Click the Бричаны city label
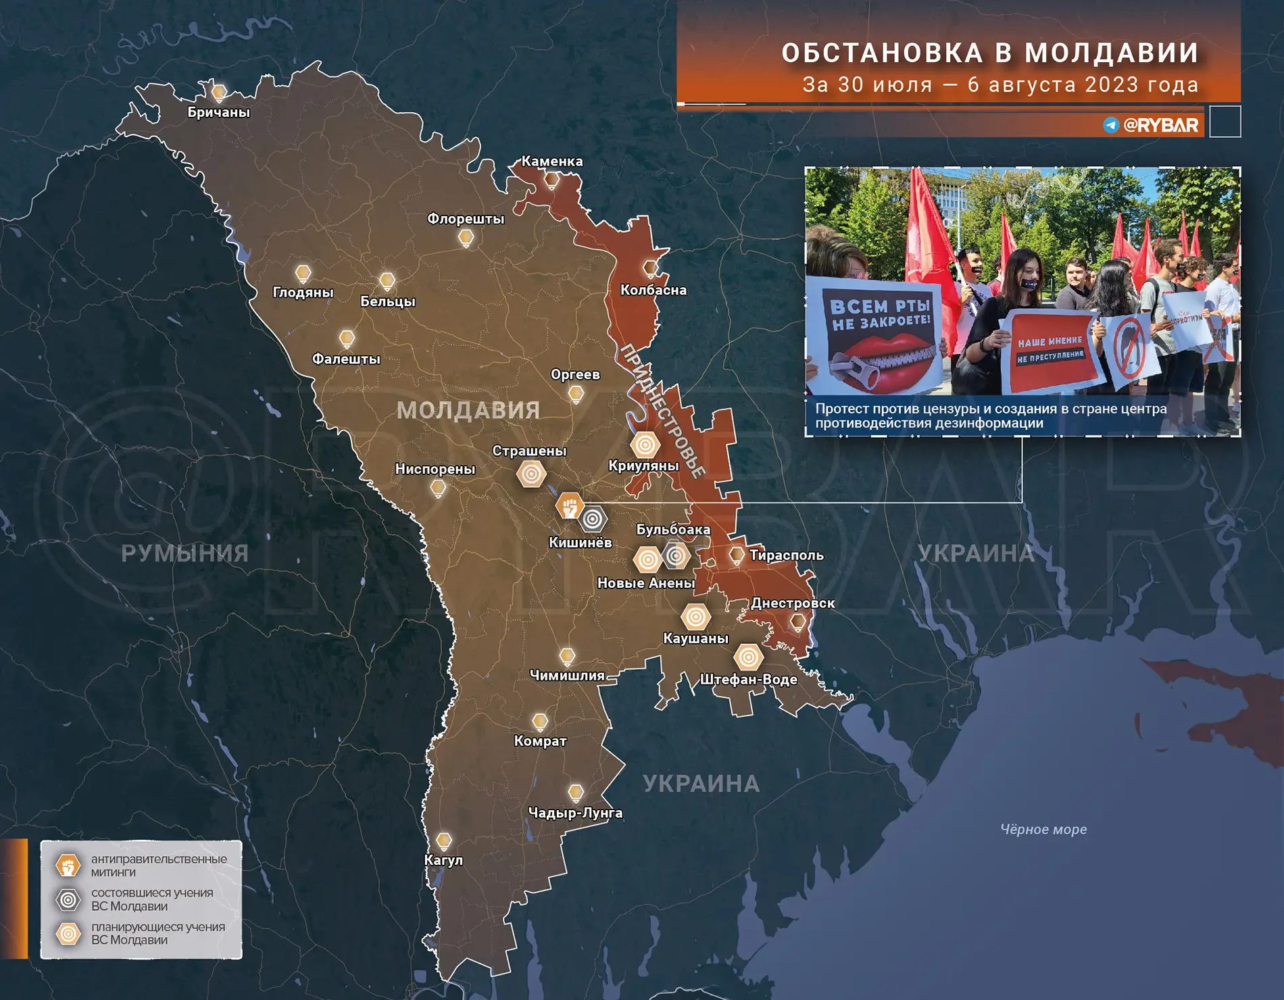[218, 112]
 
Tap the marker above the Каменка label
[552, 179]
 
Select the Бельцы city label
[387, 301]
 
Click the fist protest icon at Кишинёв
[569, 505]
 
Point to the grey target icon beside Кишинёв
[593, 519]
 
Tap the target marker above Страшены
[531, 474]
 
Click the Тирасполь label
[786, 555]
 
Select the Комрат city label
[540, 741]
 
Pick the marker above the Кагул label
[443, 841]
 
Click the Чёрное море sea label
[1043, 829]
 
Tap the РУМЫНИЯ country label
[184, 554]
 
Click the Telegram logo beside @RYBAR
[1111, 125]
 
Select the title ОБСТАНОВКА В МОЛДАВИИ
[990, 53]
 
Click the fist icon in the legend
[68, 866]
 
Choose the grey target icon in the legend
[68, 899]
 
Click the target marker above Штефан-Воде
[748, 656]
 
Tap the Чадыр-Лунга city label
[575, 813]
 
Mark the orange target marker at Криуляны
[645, 445]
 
